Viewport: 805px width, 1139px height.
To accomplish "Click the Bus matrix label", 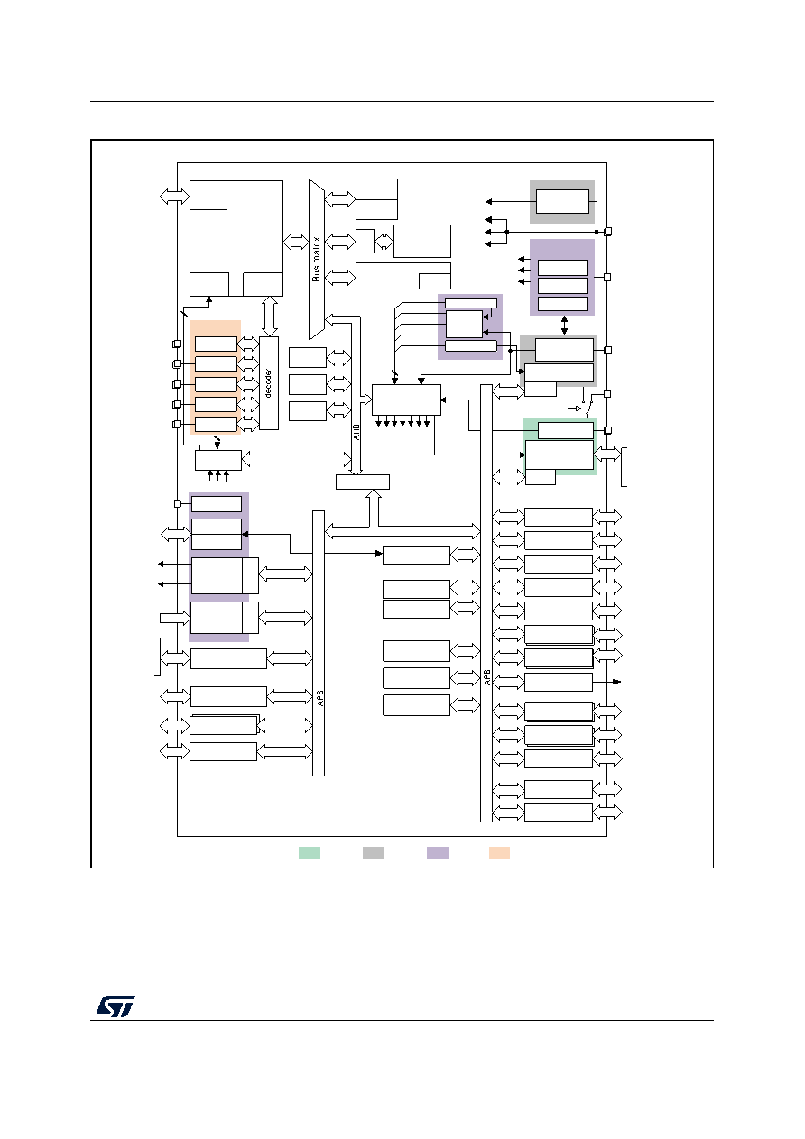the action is pos(317,260).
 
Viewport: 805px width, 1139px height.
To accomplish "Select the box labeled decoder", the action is pos(269,383).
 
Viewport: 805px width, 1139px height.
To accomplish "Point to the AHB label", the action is pos(356,432).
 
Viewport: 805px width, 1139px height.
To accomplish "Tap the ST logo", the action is pos(116,1006).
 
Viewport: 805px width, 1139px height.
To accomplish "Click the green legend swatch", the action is pos(310,853).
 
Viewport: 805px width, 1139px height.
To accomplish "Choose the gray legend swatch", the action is pos(374,853).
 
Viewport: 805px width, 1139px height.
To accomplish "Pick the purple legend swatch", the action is pos(438,853).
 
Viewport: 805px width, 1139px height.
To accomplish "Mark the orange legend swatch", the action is pos(499,853).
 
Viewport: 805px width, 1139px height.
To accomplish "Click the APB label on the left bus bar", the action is pos(320,698).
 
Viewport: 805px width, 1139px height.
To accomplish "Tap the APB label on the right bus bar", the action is pos(487,676).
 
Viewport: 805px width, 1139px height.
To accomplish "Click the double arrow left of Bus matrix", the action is pos(296,242).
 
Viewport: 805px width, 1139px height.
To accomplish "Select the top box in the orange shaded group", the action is pos(217,344).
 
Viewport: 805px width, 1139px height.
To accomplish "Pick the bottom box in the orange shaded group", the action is pos(217,424).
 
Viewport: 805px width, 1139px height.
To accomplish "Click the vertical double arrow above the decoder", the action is pos(269,317).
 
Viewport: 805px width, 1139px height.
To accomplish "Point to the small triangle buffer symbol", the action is pos(578,408).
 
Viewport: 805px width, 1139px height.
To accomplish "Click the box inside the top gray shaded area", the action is pos(562,202).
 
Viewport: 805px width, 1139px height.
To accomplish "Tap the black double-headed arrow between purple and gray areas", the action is pos(564,325).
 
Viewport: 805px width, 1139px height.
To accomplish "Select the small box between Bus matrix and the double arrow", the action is pos(365,241).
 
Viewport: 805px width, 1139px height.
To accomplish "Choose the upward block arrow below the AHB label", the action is pos(374,508).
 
